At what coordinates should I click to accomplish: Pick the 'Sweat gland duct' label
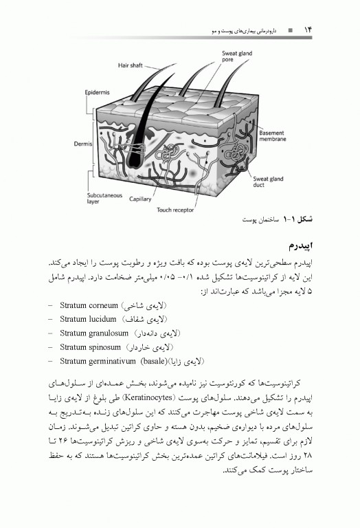click(269, 180)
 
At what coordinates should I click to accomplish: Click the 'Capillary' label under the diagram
click(142, 199)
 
